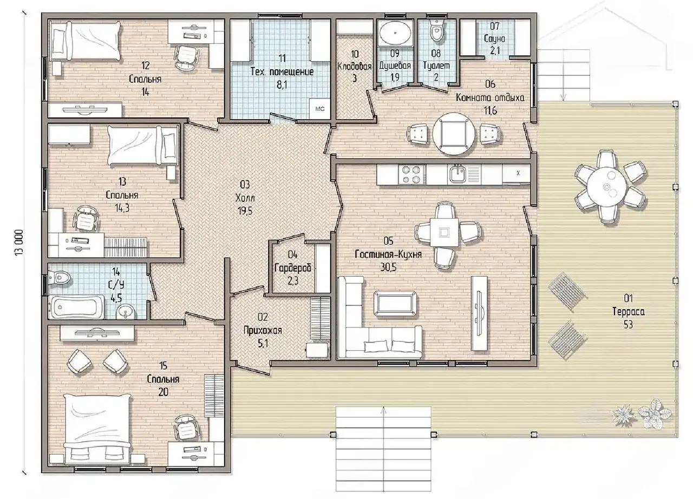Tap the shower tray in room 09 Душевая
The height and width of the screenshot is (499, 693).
coord(395,33)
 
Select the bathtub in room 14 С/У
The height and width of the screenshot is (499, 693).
coord(77,307)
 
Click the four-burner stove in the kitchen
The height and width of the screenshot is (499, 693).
coord(410,175)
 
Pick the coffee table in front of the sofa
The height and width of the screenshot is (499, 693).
coord(395,304)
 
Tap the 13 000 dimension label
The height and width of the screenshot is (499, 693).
coord(18,242)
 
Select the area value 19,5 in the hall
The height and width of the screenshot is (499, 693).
coord(245,211)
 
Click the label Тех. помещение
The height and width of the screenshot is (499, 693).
coord(282,72)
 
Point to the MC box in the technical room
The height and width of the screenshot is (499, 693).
coord(320,109)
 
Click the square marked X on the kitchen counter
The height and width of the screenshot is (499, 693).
coord(518,173)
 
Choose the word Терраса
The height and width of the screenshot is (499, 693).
coord(628,311)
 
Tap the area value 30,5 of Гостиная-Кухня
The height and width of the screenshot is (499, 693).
coord(388,267)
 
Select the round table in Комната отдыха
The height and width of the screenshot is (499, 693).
coord(453,134)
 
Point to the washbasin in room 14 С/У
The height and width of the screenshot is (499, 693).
coord(125,311)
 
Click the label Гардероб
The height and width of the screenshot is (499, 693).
coord(292,268)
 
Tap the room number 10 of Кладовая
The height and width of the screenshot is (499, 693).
coord(355,54)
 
